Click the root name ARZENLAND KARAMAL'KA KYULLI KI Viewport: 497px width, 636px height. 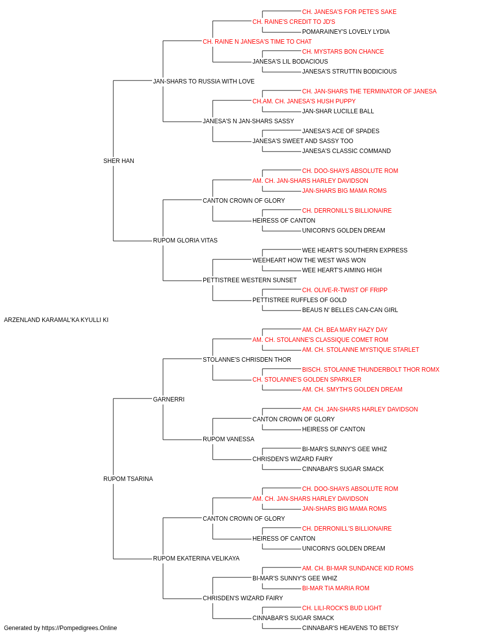pos(56,320)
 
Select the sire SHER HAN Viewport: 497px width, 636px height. pos(119,161)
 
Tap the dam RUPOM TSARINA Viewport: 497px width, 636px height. pos(128,479)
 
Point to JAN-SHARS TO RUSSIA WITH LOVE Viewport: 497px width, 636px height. pos(204,81)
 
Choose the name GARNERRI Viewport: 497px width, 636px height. pos(168,399)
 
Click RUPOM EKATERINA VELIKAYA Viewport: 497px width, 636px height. pos(196,558)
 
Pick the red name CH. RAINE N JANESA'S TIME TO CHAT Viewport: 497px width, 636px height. pos(257,42)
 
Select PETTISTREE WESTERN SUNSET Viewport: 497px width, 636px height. pos(249,280)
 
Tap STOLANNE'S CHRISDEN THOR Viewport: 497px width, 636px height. pos(247,359)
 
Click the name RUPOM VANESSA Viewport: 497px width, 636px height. pos(228,439)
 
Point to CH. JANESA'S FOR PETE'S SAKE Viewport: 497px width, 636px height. pos(349,12)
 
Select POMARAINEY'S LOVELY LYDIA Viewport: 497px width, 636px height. pos(346,32)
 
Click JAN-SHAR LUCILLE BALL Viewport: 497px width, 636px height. pos(338,111)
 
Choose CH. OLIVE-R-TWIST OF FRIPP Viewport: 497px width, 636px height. pos(344,290)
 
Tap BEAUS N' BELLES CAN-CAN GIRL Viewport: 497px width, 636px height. pos(350,310)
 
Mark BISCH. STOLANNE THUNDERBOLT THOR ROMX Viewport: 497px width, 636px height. pos(371,369)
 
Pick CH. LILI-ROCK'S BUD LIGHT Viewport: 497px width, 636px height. pos(341,608)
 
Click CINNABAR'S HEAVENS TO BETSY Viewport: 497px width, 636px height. pos(350,628)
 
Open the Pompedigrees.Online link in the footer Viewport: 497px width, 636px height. pos(79,628)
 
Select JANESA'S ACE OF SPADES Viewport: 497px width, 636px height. pos(340,131)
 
